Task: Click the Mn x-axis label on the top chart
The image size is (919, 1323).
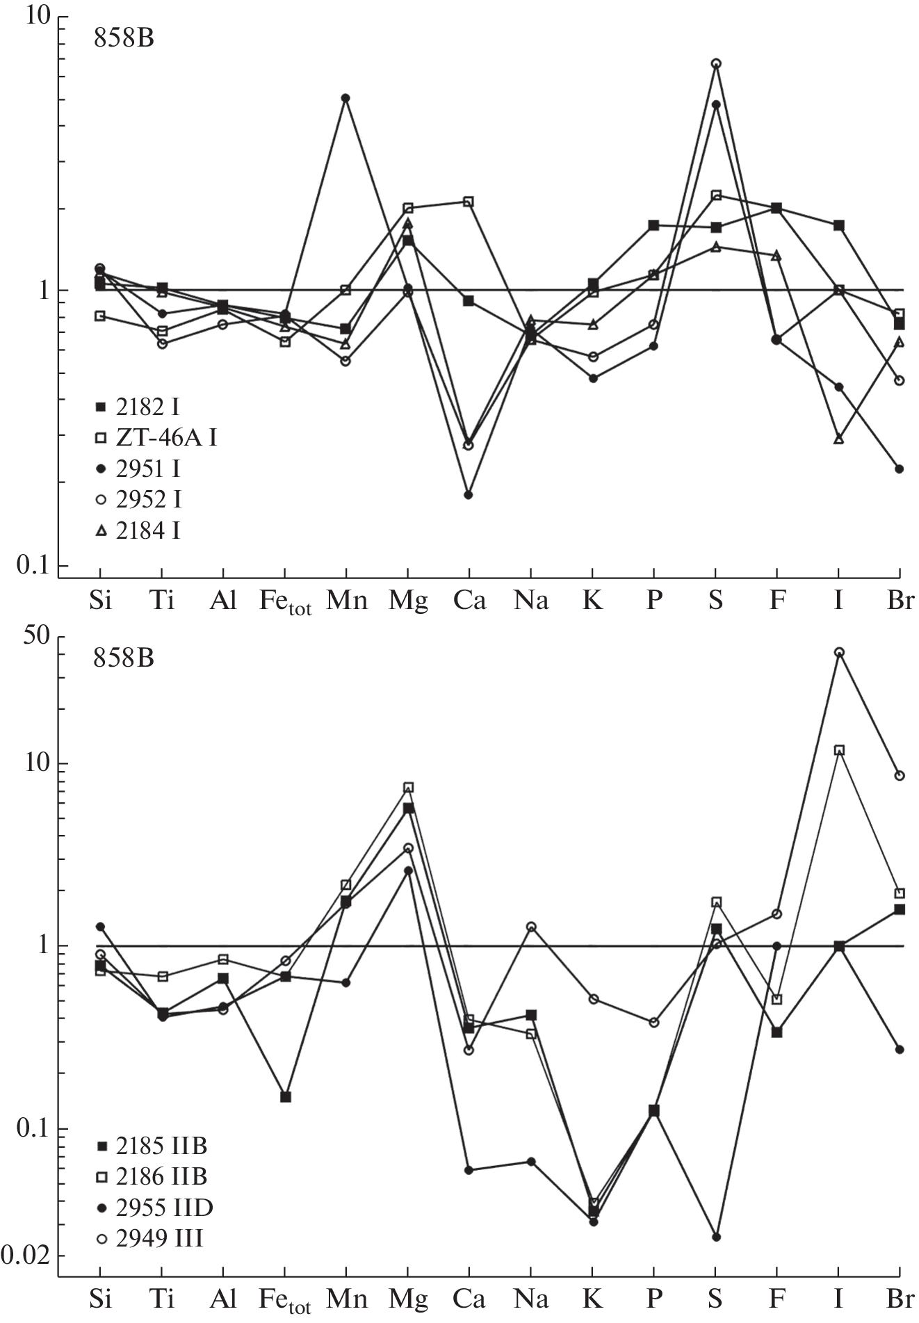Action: coord(346,599)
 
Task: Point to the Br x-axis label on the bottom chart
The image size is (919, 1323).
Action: coord(900,1299)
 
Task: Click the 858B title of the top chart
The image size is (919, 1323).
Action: coord(124,38)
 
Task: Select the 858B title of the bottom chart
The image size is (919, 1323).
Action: coord(124,657)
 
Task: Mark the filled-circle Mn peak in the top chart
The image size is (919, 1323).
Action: coord(345,98)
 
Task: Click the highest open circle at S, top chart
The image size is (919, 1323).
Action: coord(715,63)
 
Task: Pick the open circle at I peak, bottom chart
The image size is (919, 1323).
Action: coord(839,652)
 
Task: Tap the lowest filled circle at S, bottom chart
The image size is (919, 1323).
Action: coord(716,1237)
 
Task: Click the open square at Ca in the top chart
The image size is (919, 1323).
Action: coord(469,202)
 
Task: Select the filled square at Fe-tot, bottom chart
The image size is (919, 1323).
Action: coord(285,1097)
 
